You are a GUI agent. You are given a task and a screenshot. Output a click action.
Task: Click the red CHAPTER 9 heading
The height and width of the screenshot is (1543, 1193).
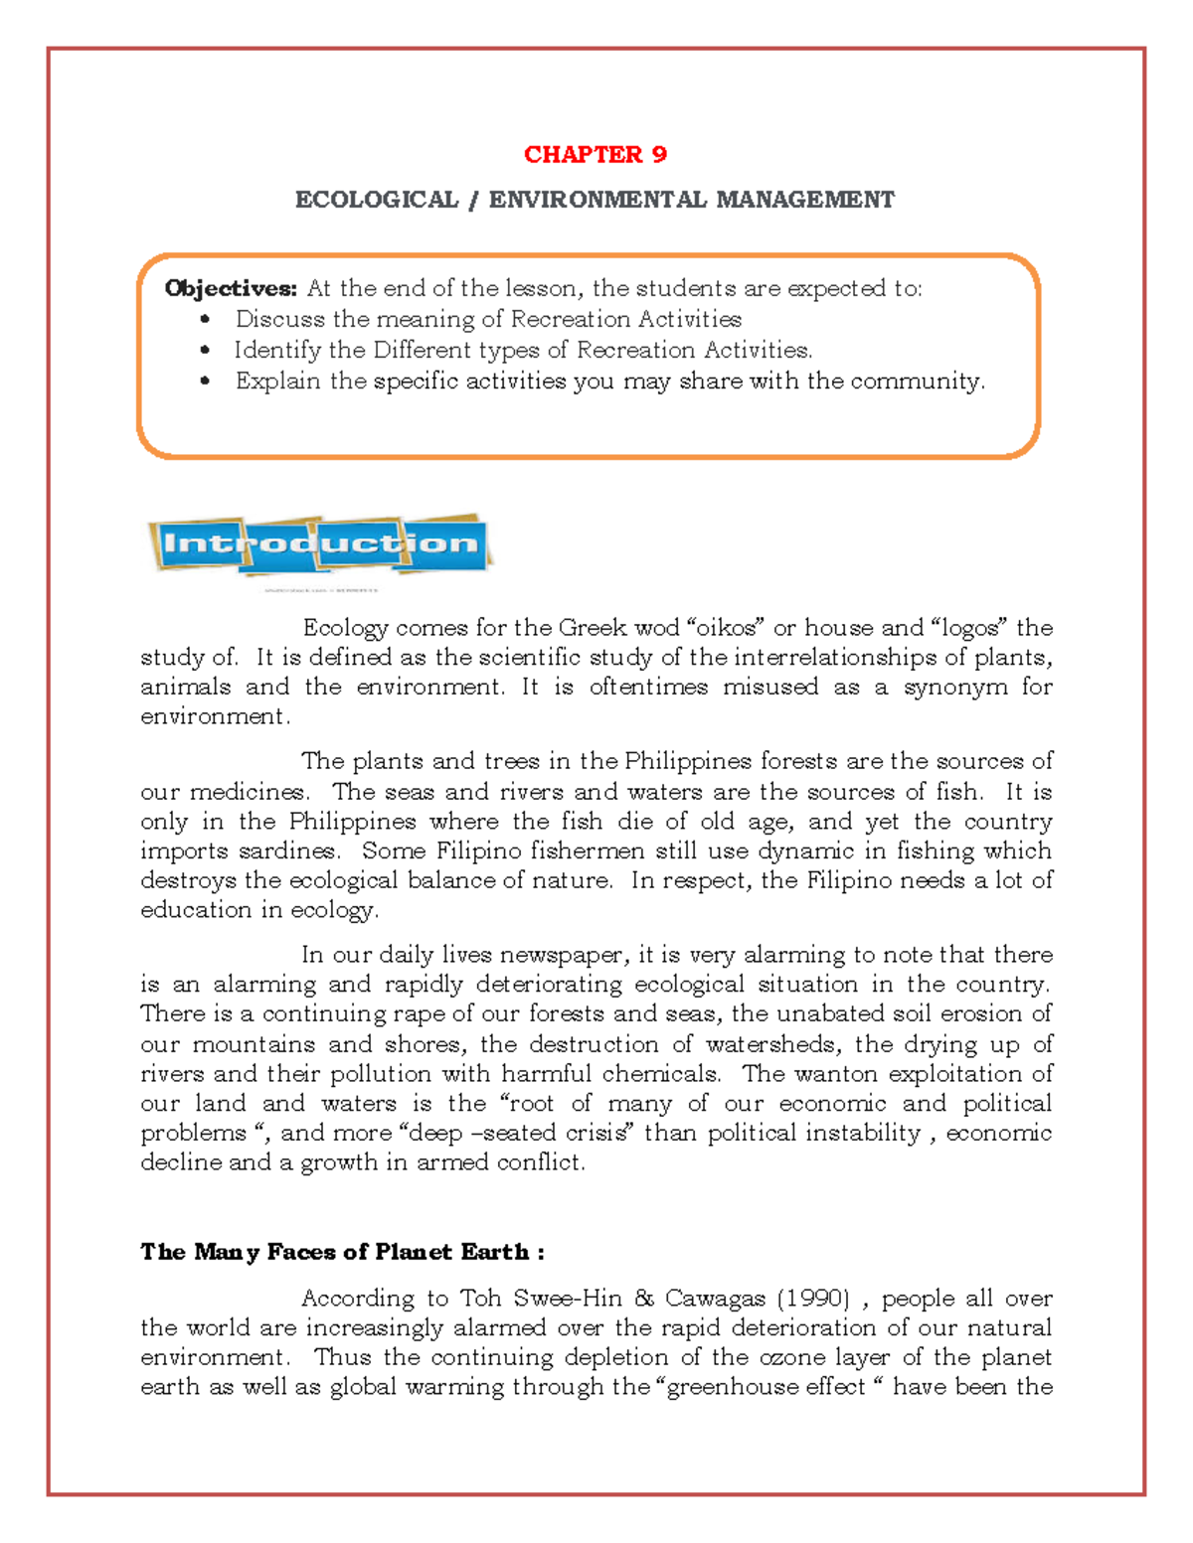[595, 154]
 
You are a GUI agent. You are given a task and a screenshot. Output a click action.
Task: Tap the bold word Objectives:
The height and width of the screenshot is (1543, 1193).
[231, 288]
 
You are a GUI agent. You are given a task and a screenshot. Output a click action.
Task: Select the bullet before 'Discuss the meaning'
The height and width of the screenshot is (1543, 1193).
[205, 320]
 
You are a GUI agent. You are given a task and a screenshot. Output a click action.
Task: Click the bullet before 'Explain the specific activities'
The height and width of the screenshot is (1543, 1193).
[205, 382]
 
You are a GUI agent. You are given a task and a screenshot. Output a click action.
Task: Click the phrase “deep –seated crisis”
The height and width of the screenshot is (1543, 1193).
[516, 1133]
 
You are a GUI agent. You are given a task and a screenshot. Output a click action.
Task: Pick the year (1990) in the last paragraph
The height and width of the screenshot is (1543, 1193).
[813, 1299]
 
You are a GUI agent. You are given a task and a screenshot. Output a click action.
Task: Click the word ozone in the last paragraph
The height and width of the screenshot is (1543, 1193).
[791, 1357]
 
